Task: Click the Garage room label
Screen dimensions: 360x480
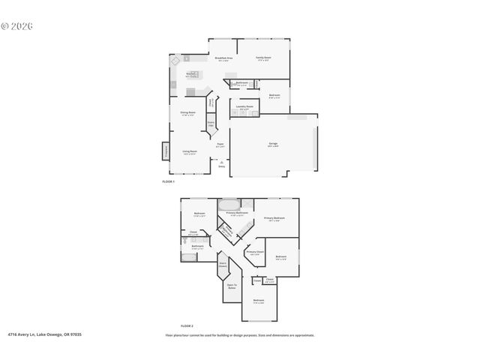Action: click(x=273, y=143)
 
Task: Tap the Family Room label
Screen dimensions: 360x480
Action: click(x=263, y=58)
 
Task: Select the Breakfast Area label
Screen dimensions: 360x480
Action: click(x=223, y=58)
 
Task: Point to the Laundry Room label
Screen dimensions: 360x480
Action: click(x=244, y=106)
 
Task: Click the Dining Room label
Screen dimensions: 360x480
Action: click(x=187, y=113)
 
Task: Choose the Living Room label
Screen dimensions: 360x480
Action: click(x=190, y=151)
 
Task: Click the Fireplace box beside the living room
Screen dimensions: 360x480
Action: click(x=166, y=151)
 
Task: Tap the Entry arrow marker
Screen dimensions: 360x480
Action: click(x=221, y=163)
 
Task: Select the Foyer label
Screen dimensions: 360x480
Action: click(x=220, y=144)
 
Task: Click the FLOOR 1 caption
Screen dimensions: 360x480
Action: click(x=168, y=182)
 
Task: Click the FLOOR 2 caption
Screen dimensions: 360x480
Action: click(x=186, y=326)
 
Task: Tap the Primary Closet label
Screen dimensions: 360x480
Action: click(x=255, y=252)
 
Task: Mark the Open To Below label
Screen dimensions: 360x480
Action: click(x=232, y=286)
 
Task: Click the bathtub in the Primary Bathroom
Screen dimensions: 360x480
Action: click(x=227, y=203)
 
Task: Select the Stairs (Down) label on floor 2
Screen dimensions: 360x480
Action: click(x=223, y=264)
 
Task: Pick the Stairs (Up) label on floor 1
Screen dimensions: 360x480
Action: click(x=211, y=123)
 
